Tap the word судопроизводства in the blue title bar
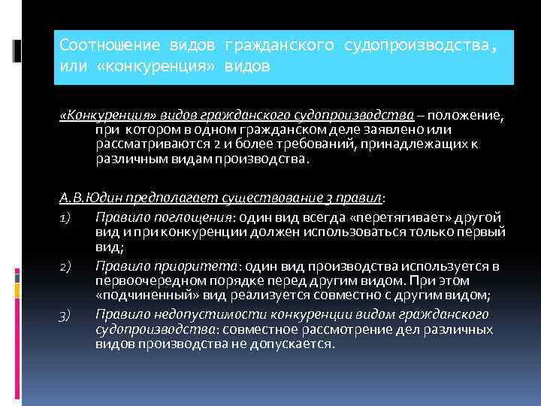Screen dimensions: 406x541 click(x=417, y=47)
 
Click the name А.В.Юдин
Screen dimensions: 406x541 click(x=87, y=198)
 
